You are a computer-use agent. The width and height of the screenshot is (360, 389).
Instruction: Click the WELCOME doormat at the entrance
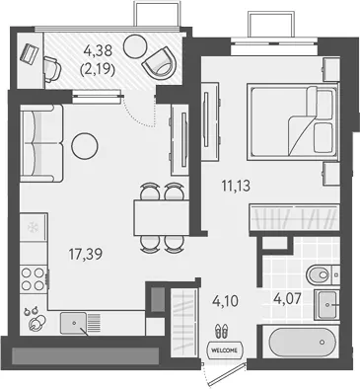tap(225, 350)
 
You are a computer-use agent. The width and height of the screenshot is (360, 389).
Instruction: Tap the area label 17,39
tap(86, 254)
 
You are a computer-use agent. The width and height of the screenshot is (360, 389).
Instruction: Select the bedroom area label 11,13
tap(236, 186)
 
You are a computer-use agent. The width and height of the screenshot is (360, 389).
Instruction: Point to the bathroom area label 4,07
tap(287, 299)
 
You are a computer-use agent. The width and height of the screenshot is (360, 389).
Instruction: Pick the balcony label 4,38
tap(98, 50)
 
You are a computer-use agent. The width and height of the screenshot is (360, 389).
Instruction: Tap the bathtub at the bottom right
tap(303, 343)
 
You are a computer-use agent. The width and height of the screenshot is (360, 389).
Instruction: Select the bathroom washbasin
tap(326, 305)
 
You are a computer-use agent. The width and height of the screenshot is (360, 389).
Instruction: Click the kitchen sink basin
tap(74, 323)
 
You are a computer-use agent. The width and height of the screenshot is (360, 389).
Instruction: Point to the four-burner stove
tap(34, 279)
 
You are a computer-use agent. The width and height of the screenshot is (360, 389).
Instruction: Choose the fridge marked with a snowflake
tap(34, 227)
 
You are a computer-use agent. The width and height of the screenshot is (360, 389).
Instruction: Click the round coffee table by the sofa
tap(85, 146)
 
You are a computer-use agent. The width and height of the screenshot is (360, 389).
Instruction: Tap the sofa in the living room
tap(41, 143)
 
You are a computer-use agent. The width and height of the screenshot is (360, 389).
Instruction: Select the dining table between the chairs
tap(161, 217)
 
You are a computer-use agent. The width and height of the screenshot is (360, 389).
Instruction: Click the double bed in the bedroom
tap(293, 121)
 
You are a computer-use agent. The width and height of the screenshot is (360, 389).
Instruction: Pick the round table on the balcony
tap(135, 46)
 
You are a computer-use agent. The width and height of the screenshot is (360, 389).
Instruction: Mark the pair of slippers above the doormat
tap(221, 331)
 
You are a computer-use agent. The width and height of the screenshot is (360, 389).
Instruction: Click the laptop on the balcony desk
tap(30, 53)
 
